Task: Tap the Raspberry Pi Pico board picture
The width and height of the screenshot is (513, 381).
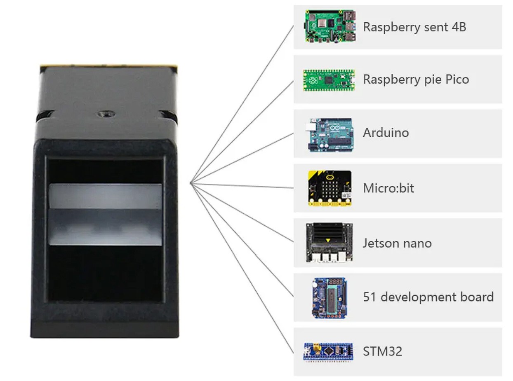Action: (x=329, y=79)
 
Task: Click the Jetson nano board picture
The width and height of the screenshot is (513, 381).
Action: (x=329, y=243)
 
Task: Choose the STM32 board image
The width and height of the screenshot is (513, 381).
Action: (x=328, y=351)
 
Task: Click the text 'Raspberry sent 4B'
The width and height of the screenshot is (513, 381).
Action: (x=414, y=27)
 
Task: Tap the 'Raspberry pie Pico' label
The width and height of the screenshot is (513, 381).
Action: (x=416, y=79)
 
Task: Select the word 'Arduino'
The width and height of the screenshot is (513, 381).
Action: (x=386, y=133)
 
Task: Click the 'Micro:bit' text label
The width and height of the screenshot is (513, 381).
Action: (x=388, y=188)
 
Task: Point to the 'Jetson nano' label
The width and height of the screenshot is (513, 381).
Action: (x=397, y=243)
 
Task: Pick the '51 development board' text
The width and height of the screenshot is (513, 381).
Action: (x=428, y=297)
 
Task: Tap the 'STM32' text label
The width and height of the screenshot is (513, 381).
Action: (x=382, y=351)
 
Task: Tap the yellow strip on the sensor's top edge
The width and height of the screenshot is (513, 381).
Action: (x=108, y=65)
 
